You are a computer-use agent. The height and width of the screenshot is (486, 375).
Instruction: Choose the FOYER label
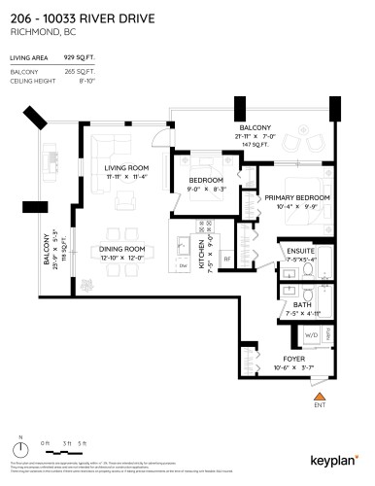pos(293,359)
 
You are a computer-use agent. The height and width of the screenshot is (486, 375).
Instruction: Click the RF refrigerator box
pos(226,259)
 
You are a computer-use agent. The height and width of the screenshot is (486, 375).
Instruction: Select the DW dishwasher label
pos(183,264)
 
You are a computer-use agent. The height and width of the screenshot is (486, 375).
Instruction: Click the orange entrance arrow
pos(317,396)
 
